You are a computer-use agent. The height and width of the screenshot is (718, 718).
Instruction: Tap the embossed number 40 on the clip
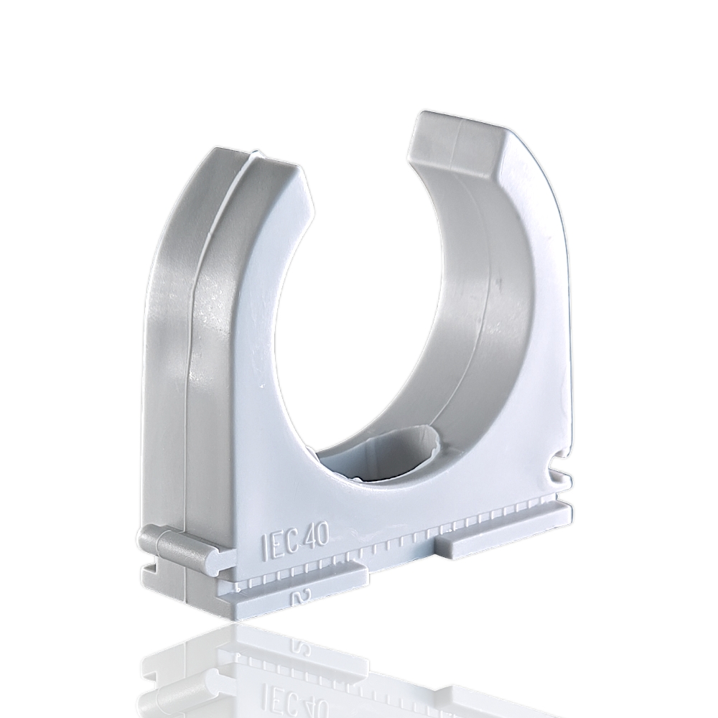pos(315,537)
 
